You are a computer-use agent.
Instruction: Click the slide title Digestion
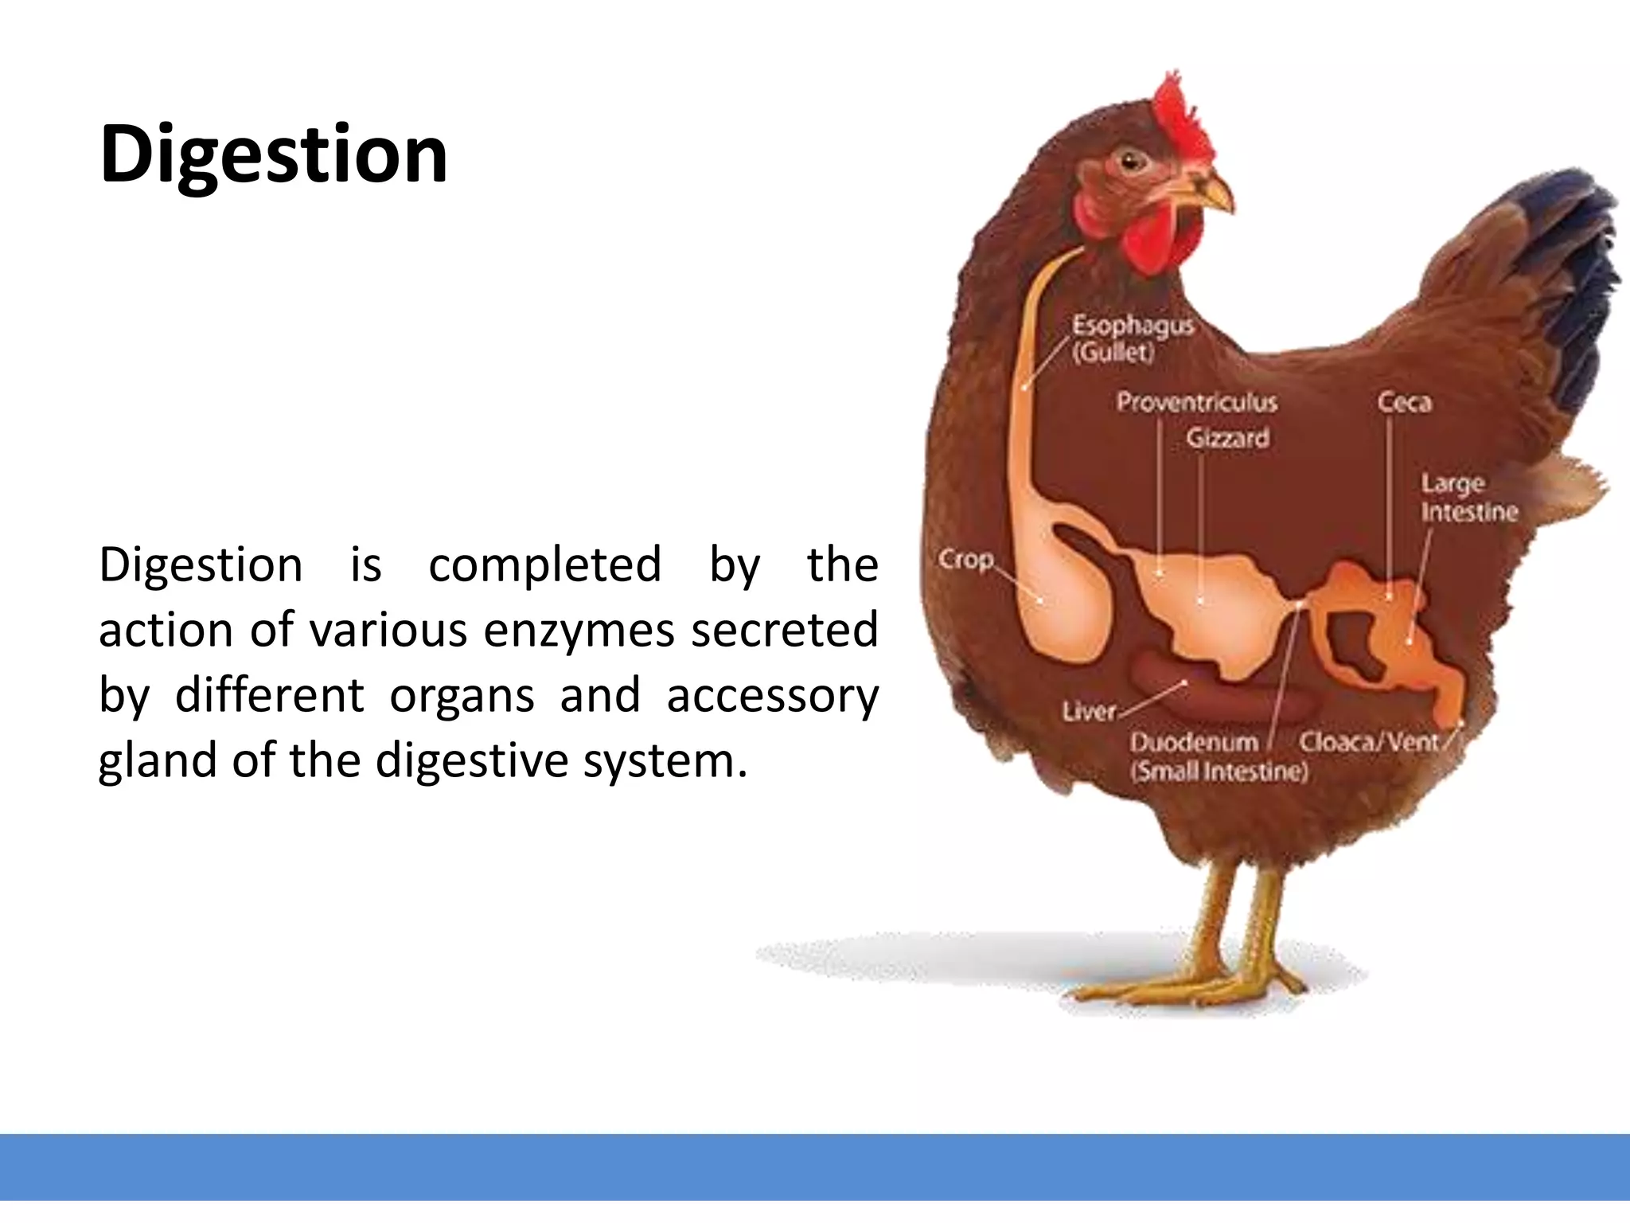273,155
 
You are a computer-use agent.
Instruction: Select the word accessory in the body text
772,696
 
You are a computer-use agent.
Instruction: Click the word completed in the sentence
544,565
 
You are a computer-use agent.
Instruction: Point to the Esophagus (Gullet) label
1131,338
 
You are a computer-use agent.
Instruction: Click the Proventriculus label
1196,402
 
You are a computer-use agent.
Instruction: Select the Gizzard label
1227,438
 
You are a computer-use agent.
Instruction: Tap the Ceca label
1404,402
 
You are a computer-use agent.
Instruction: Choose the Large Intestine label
1468,498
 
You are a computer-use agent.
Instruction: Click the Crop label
965,559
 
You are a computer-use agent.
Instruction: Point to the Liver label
1089,711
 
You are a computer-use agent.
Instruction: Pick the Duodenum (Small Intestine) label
1218,756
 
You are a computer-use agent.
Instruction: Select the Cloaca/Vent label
1369,742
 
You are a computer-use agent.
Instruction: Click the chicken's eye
1131,162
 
